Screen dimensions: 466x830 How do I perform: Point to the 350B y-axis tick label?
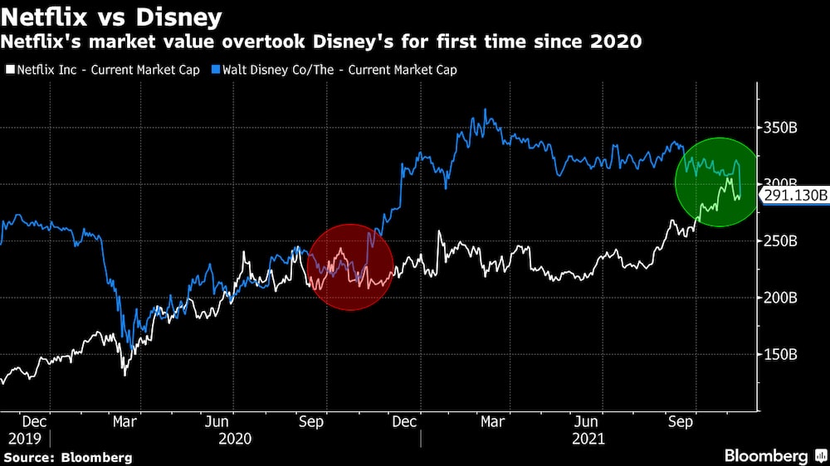pos(780,129)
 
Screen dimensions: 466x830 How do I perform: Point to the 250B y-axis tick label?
pos(780,241)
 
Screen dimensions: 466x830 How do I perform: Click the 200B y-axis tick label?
pos(780,298)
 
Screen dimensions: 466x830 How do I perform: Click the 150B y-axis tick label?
pos(780,354)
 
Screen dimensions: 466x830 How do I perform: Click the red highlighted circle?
pos(349,267)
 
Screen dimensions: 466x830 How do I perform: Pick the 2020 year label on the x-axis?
pos(235,438)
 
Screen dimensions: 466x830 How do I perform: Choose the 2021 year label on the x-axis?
pos(588,438)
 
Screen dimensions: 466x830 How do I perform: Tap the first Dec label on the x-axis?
pos(36,421)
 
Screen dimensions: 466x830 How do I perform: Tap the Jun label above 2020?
pos(217,421)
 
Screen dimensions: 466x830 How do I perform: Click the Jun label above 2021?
pos(588,421)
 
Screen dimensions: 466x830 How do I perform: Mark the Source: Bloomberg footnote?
pos(67,457)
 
